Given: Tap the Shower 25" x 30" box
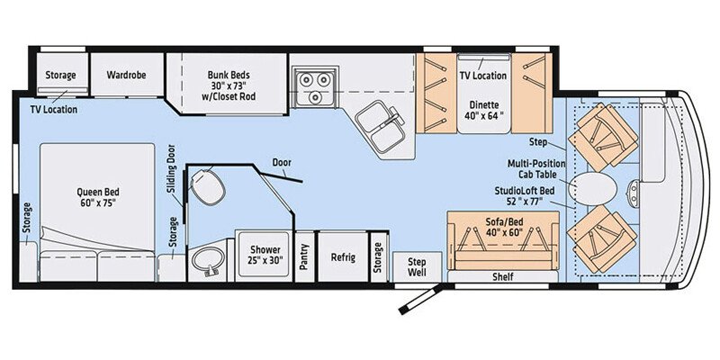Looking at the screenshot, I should (x=264, y=255).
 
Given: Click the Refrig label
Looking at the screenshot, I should (x=342, y=257).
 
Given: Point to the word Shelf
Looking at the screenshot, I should (x=502, y=277).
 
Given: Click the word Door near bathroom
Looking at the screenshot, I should (x=282, y=163).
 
